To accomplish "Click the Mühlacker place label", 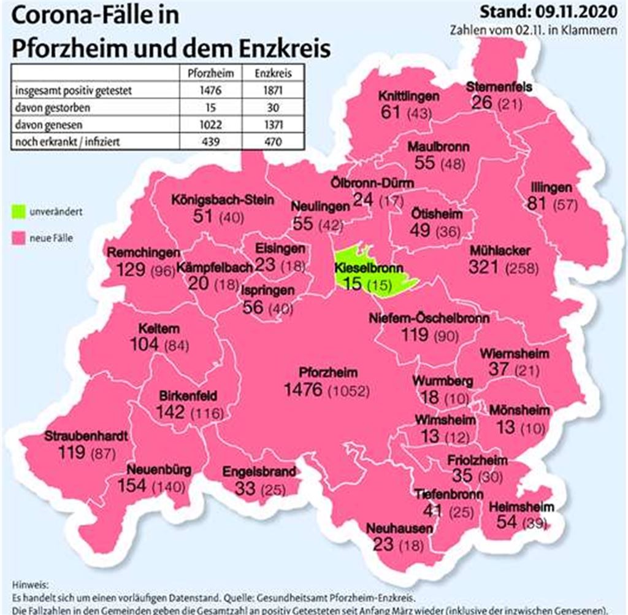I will pyautogui.click(x=500, y=250).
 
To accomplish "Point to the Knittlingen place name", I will pyautogui.click(x=408, y=96).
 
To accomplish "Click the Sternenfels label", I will pyautogui.click(x=499, y=87).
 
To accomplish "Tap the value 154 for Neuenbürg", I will pyautogui.click(x=132, y=485).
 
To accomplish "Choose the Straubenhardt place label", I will pyautogui.click(x=86, y=437).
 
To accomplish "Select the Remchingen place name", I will pyautogui.click(x=144, y=252).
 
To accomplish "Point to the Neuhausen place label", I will pyautogui.click(x=399, y=528).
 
